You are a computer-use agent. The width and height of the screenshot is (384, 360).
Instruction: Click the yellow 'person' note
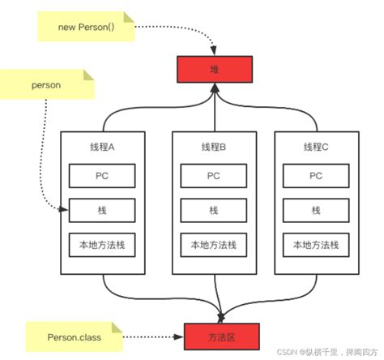click(x=47, y=84)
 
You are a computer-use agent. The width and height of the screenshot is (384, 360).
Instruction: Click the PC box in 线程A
click(x=102, y=175)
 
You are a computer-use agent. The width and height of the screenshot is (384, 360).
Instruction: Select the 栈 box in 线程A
click(x=102, y=210)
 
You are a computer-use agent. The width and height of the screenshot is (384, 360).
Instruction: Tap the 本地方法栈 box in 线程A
click(x=102, y=245)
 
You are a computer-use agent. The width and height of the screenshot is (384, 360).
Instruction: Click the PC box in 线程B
click(x=213, y=175)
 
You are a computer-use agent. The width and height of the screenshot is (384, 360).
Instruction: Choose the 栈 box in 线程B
click(x=213, y=210)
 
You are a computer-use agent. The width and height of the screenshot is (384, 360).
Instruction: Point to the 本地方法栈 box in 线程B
click(x=213, y=245)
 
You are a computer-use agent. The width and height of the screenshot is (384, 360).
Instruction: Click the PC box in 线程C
click(x=314, y=175)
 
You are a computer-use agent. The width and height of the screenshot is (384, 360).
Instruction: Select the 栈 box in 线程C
click(x=314, y=210)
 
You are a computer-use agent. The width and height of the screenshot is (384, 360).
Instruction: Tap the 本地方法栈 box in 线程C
click(x=314, y=245)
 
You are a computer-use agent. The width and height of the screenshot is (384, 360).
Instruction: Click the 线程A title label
click(x=102, y=146)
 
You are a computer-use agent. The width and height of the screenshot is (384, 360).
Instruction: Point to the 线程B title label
click(x=213, y=146)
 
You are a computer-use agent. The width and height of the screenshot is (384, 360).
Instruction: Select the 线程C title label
click(x=314, y=146)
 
